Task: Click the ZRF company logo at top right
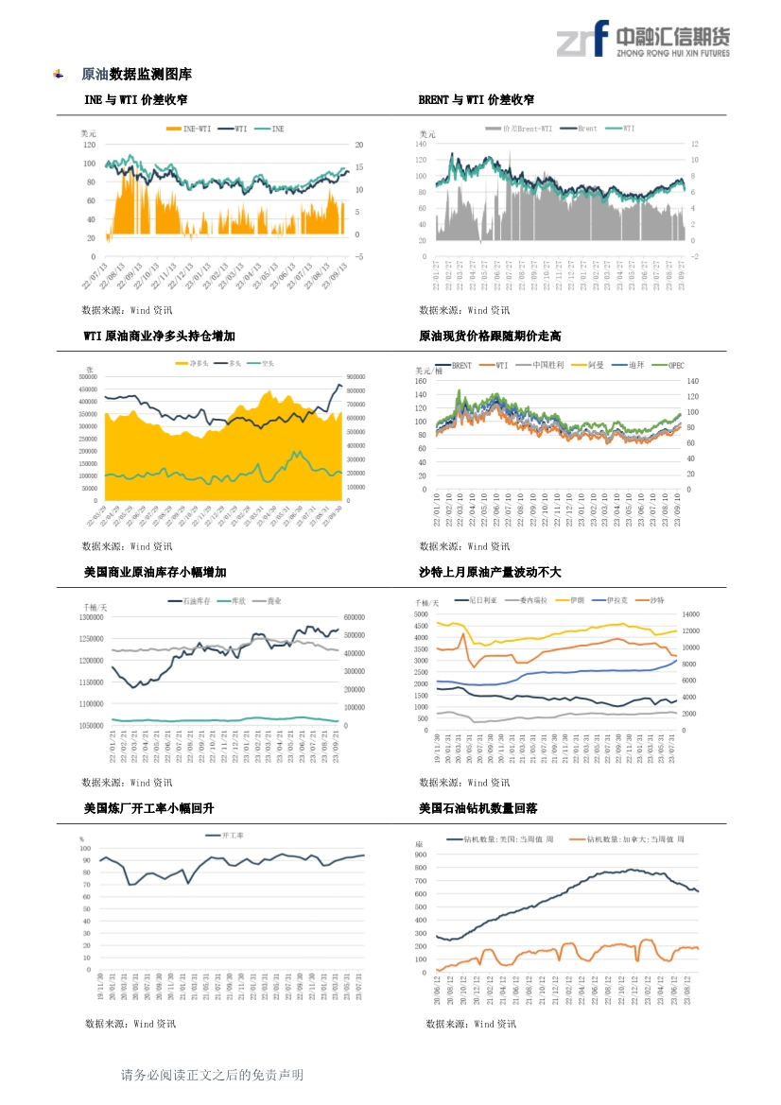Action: pos(642,39)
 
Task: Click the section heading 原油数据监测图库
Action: pos(136,74)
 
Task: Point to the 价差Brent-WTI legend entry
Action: pos(526,128)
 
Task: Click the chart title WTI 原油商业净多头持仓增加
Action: pos(159,336)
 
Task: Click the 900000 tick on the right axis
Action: pos(357,377)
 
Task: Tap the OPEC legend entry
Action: pos(676,364)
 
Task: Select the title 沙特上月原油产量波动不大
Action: pos(490,572)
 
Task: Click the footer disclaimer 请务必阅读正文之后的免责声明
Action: pos(212,1075)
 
